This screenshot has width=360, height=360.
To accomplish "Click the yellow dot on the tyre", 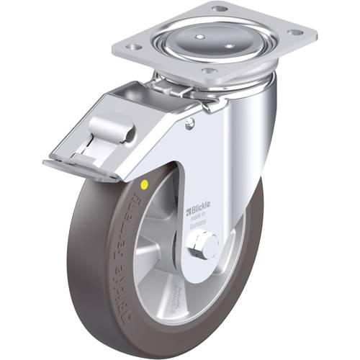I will click(146, 185).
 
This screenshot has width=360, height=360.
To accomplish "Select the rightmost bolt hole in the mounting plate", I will click(293, 32).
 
